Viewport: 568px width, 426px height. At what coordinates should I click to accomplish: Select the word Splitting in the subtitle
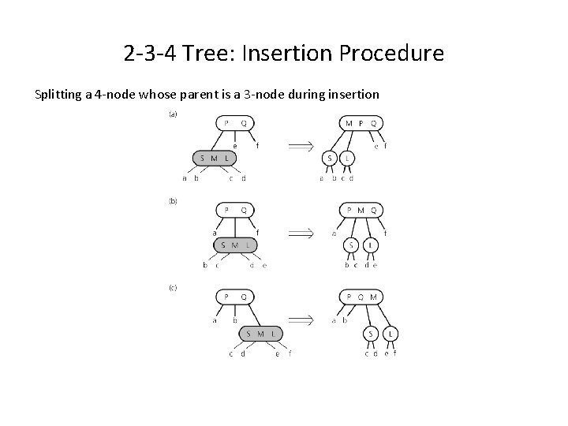pyautogui.click(x=59, y=95)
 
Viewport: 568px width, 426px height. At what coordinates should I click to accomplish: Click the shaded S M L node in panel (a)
pyautogui.click(x=215, y=159)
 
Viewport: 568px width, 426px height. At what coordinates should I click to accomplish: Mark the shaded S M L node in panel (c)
pyautogui.click(x=260, y=334)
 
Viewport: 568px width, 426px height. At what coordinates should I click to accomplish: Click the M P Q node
pyautogui.click(x=361, y=123)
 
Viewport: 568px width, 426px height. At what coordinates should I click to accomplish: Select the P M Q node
pyautogui.click(x=361, y=210)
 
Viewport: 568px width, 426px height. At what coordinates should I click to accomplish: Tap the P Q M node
pyautogui.click(x=361, y=297)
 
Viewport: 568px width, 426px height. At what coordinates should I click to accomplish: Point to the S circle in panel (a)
pyautogui.click(x=330, y=159)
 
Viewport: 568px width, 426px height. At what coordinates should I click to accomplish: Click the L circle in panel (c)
pyautogui.click(x=390, y=334)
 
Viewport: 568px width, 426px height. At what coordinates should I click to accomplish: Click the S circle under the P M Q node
pyautogui.click(x=352, y=245)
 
